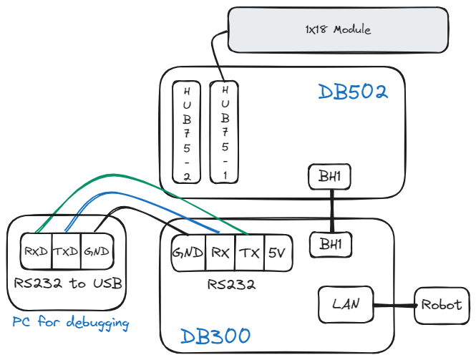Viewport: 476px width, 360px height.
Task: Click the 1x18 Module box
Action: (338, 29)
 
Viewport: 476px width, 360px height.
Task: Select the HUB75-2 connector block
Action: (186, 132)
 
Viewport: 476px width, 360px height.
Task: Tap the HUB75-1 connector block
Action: (224, 132)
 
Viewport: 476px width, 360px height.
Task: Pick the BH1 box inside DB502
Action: (330, 177)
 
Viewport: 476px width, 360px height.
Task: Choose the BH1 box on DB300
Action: (331, 244)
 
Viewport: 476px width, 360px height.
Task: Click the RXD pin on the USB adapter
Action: (35, 252)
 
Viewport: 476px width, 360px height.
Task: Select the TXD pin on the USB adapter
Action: (65, 252)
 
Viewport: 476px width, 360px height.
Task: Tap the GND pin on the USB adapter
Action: (94, 252)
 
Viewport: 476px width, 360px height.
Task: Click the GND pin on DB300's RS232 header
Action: (188, 253)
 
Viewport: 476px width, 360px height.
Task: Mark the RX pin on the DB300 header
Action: (220, 253)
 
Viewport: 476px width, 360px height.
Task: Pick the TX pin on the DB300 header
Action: (249, 253)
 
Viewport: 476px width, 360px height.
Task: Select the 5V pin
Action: (276, 253)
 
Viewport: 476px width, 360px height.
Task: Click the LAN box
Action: (346, 304)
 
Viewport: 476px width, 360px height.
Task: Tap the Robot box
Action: (442, 304)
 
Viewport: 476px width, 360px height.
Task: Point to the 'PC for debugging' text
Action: (70, 323)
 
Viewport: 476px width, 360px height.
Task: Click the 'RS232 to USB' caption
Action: (67, 283)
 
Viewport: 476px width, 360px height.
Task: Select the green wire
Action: (143, 175)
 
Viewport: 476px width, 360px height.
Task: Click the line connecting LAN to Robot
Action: (395, 306)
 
